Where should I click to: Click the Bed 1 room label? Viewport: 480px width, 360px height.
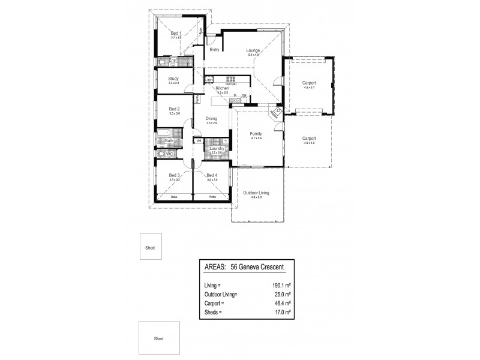coord(176,33)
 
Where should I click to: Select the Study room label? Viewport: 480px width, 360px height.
coord(174,78)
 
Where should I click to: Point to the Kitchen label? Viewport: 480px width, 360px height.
coord(222,89)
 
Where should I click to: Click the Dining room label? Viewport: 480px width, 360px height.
coord(211,119)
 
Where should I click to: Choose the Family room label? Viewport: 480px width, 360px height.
coord(257,134)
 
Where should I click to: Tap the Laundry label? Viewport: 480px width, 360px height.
coord(217,148)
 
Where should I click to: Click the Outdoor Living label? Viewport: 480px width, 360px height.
coord(256,193)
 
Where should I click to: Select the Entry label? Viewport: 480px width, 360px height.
coord(214,50)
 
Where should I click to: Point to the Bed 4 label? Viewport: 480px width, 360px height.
coord(211,175)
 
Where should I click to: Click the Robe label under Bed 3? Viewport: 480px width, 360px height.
coord(173,197)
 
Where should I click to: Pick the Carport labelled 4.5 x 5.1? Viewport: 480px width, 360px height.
coord(309,83)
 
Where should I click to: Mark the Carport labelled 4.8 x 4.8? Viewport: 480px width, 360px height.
coord(309,139)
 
